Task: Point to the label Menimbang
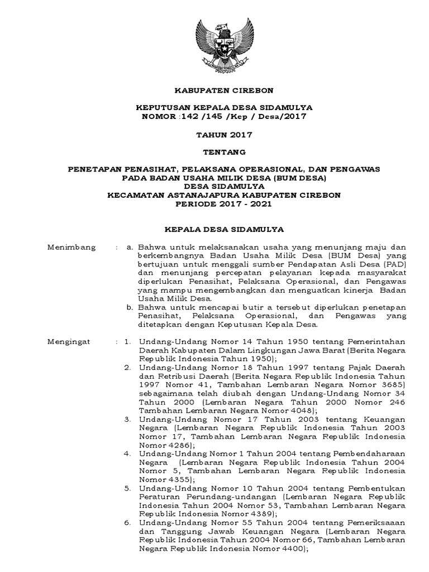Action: coord(71,246)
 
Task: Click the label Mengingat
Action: coord(71,340)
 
